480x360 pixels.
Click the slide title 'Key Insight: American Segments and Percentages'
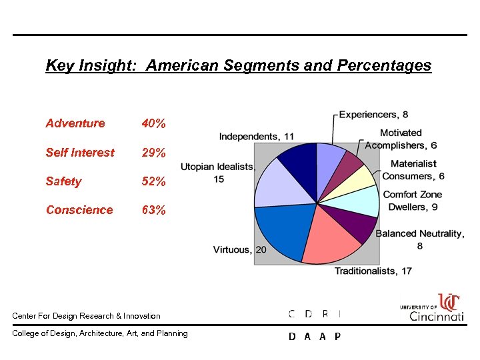(238, 66)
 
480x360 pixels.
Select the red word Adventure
(75, 123)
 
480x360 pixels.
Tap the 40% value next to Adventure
(154, 123)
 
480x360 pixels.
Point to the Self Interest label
(80, 153)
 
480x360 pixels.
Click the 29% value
(154, 153)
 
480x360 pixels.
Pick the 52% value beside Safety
(154, 181)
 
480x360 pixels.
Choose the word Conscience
(79, 210)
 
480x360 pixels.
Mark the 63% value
(154, 210)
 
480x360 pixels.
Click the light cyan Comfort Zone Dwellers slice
(362, 201)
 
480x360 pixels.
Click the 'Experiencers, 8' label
(373, 115)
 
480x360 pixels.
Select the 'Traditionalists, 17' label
(373, 271)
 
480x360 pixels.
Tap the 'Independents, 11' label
(256, 137)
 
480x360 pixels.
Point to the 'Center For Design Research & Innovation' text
(87, 315)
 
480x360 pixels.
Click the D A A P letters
(315, 337)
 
